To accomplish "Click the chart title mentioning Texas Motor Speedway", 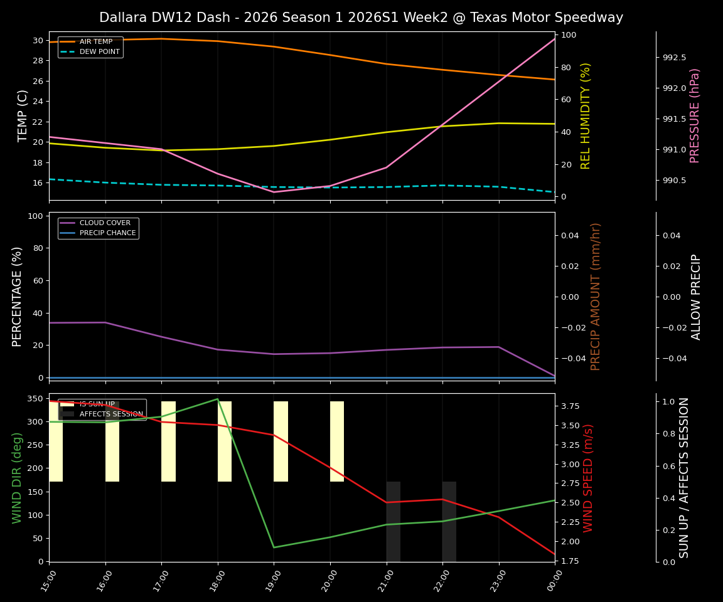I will coord(361,18).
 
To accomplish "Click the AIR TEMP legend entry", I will coord(95,42).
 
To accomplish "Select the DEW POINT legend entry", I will coord(99,52).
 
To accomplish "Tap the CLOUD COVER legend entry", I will coord(105,223).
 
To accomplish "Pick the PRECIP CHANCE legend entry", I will coord(107,233).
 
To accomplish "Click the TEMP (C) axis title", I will coord(23,116).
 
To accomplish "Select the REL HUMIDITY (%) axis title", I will coord(586,116).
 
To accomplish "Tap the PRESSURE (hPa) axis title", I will coord(695,116).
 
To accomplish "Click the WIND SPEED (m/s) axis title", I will coord(589,478).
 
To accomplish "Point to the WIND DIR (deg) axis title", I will coord(18,478).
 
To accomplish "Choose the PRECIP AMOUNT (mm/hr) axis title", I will coord(596,297).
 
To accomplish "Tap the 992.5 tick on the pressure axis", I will coord(674,58).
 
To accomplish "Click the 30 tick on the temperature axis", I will coord(38,41).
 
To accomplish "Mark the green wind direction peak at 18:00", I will coord(218,399).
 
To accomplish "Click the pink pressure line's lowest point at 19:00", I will coord(274,192).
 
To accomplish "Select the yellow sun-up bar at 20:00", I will coord(337,441).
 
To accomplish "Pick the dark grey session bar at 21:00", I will coord(393,521).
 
